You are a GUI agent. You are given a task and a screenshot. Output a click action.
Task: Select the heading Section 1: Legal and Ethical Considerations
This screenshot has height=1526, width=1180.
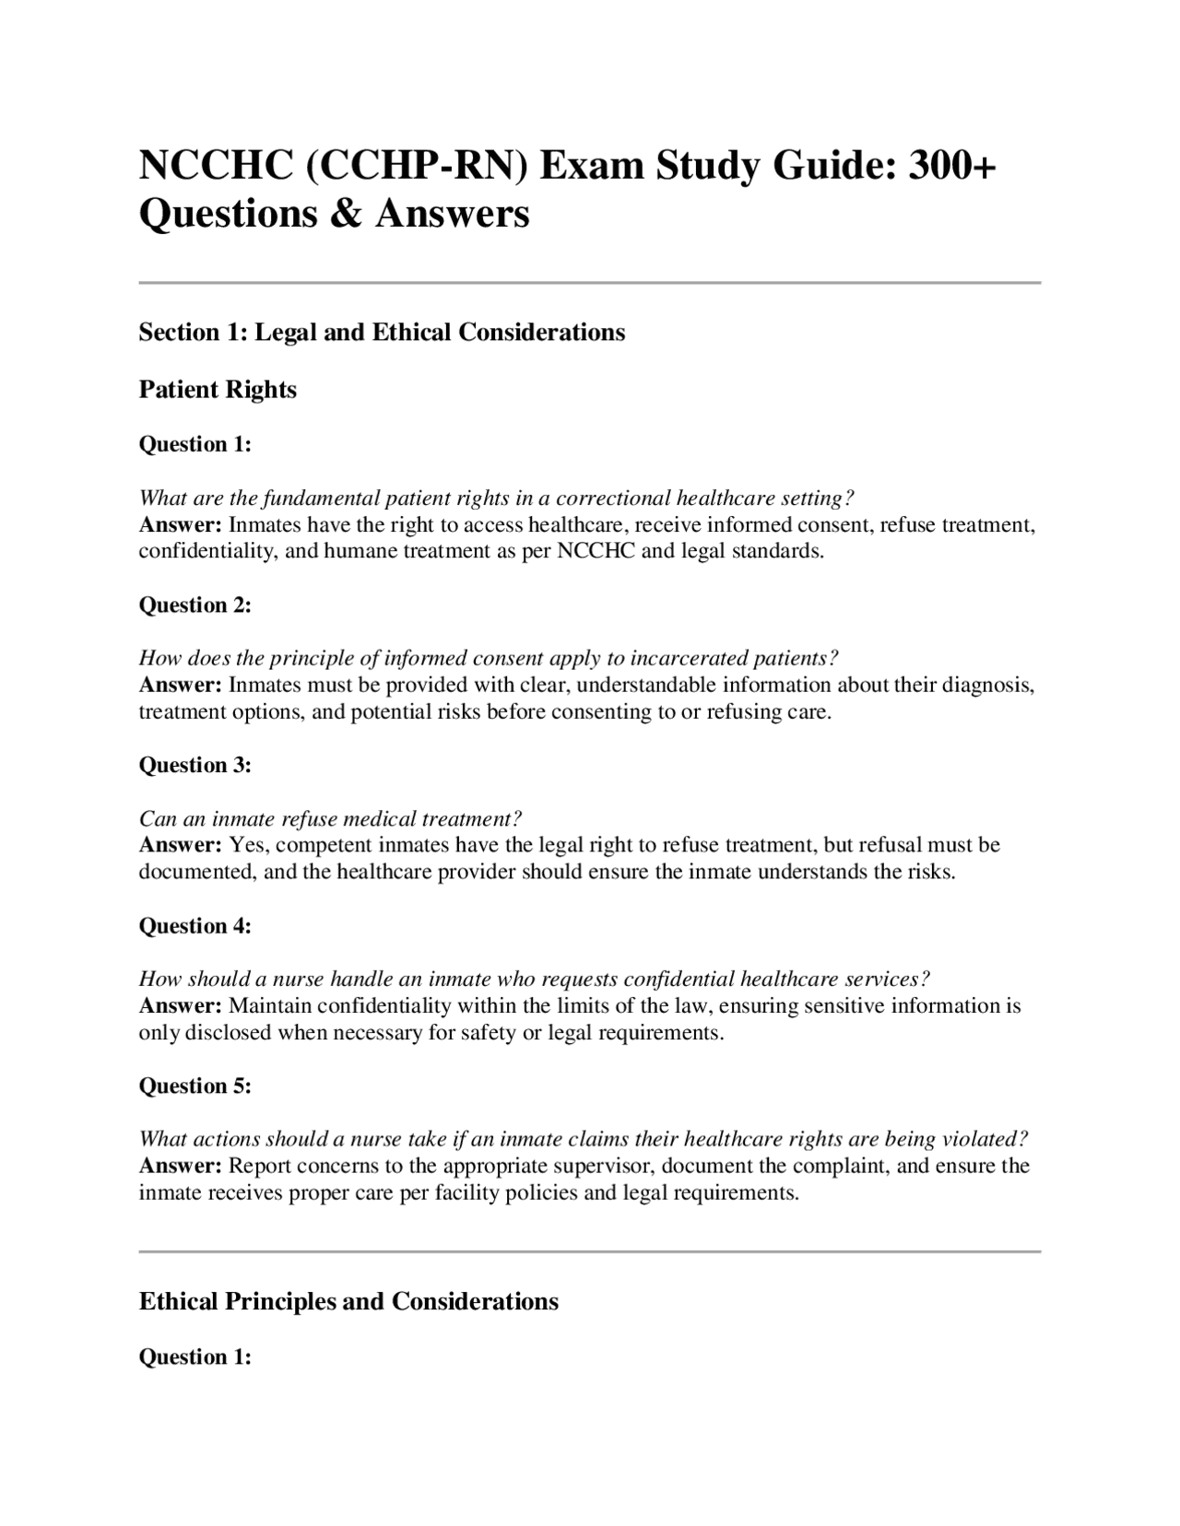tap(382, 332)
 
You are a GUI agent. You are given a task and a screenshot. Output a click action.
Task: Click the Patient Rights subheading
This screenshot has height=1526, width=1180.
tap(218, 390)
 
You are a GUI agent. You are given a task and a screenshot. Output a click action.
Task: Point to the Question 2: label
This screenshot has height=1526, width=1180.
tap(195, 605)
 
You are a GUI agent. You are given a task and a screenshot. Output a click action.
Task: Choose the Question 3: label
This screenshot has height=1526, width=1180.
tap(195, 765)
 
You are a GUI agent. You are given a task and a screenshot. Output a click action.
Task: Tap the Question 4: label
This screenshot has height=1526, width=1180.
tap(195, 925)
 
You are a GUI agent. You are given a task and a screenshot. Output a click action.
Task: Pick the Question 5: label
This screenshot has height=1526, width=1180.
tap(195, 1086)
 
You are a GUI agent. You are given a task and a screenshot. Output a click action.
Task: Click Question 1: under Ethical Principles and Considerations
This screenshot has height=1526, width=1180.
tap(195, 1356)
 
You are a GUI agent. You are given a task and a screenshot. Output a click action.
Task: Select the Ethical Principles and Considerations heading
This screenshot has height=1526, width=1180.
tap(348, 1301)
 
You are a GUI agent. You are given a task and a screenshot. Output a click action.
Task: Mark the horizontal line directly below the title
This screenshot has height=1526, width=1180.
tap(589, 283)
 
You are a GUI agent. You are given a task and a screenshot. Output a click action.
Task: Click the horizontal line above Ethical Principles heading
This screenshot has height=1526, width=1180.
tap(589, 1251)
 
